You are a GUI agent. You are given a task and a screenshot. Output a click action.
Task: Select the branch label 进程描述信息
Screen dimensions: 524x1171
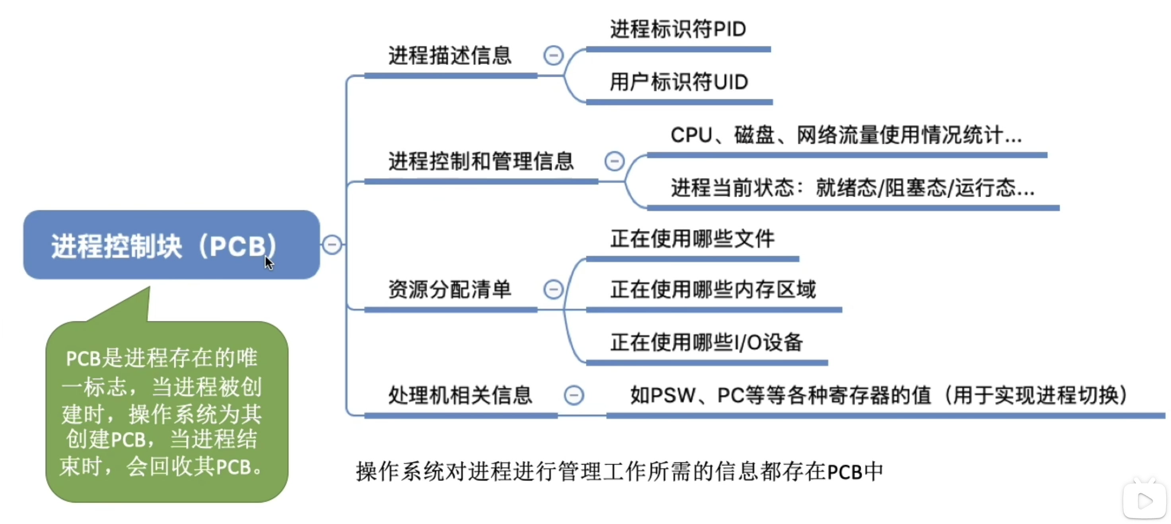(x=449, y=55)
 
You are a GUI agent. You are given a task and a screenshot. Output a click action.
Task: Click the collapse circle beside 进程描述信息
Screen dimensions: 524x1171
(x=553, y=55)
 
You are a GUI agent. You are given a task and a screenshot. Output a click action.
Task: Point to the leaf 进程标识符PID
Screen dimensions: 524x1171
(x=678, y=29)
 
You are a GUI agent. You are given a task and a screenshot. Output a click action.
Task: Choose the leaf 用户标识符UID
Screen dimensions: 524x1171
(x=679, y=82)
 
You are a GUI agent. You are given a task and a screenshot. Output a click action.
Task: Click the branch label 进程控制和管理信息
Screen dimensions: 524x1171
(x=481, y=161)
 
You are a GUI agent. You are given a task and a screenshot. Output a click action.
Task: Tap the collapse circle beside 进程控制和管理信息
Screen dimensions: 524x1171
(x=615, y=161)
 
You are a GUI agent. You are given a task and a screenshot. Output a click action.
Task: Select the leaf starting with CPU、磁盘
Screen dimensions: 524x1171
(x=846, y=135)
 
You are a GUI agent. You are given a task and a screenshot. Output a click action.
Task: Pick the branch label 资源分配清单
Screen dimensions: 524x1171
(x=449, y=289)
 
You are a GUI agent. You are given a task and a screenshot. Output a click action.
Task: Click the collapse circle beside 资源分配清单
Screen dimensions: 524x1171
(x=553, y=289)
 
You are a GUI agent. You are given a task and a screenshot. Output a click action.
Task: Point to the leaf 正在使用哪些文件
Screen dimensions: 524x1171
(x=692, y=239)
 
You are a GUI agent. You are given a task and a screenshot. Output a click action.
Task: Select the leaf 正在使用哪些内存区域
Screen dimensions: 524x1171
(x=713, y=289)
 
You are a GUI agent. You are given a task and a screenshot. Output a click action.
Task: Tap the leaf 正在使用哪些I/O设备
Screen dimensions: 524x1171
(x=706, y=342)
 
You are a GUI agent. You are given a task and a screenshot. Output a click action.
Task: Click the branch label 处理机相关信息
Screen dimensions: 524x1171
(x=460, y=395)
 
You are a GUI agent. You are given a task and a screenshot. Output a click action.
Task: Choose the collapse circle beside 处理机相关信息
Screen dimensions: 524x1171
(x=574, y=395)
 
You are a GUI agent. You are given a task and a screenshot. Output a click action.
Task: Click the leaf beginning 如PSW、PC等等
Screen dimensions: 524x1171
(x=878, y=395)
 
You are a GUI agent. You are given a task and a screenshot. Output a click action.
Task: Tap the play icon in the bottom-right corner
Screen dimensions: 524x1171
(x=1144, y=501)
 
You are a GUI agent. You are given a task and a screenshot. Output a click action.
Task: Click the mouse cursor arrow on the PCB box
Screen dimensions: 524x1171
(x=268, y=262)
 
